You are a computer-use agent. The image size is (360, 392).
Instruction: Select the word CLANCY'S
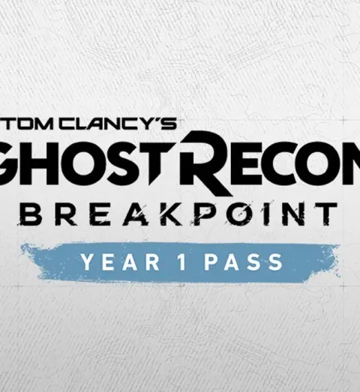coord(118,124)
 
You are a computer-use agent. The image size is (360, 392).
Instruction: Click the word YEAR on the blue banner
coord(121,262)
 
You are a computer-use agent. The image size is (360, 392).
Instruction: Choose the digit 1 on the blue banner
coord(183,262)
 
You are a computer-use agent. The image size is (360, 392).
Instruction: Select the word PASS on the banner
coord(244,262)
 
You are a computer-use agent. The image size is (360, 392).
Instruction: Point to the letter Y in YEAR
coord(88,262)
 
